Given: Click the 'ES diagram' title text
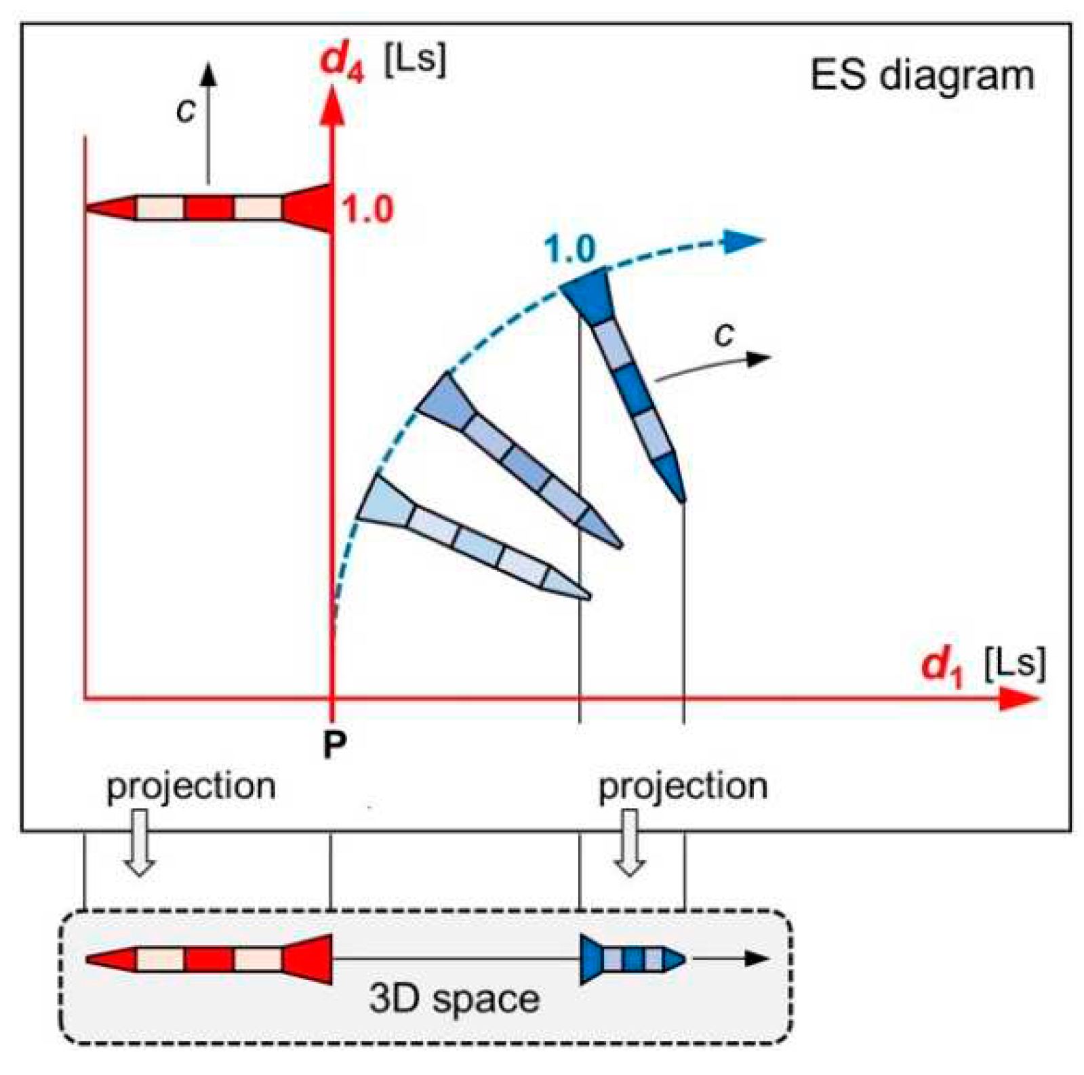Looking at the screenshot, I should coord(922,75).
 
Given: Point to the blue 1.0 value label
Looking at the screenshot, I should coord(570,249).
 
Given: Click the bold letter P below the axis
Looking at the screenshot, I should coord(334,744).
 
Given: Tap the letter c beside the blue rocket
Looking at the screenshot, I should coord(724,333).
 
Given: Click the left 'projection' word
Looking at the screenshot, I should coord(191,786).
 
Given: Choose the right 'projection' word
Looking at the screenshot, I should coord(683,786).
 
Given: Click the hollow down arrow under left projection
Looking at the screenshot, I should coord(139,843).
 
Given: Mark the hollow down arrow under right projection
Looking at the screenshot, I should coord(630,843).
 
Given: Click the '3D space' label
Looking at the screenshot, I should coord(454,998).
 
